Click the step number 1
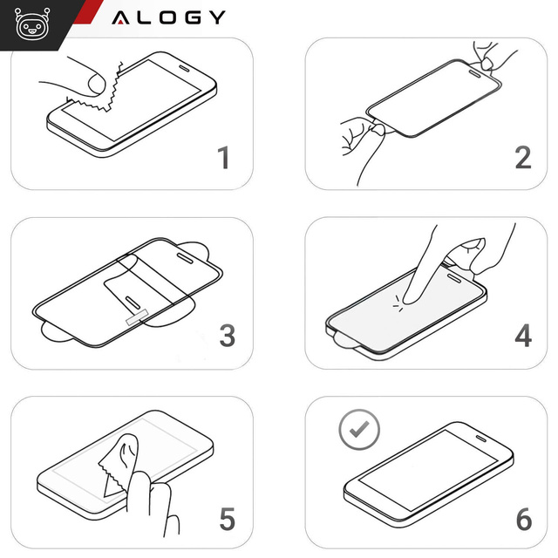tap(224, 159)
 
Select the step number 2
tap(522, 157)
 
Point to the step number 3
tap(227, 336)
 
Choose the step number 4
tap(522, 336)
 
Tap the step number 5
tap(227, 521)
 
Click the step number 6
tap(523, 521)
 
